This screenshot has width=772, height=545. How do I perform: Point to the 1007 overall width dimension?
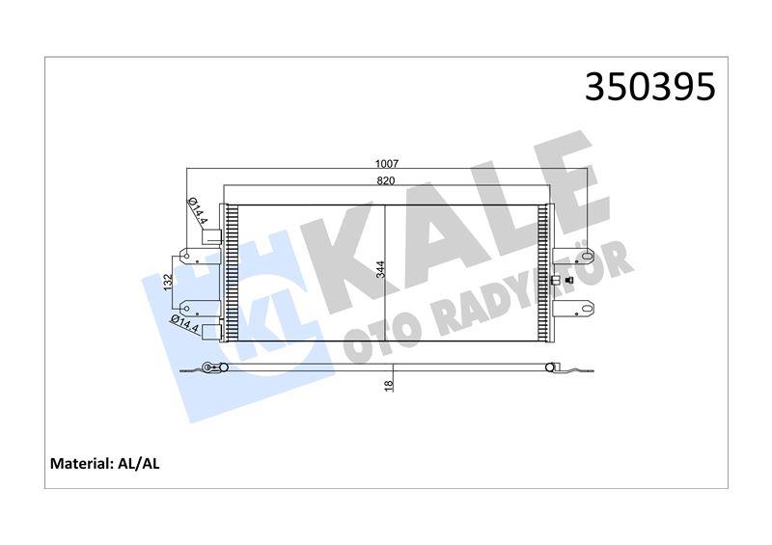(387, 164)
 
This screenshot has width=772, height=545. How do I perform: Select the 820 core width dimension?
(387, 180)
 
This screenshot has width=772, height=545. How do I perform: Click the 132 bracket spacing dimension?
(168, 284)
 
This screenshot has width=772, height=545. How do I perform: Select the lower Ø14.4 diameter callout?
(182, 323)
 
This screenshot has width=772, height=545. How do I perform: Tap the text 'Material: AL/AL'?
(104, 464)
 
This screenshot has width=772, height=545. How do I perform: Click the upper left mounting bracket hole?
(185, 258)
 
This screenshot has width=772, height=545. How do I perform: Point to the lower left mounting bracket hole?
(185, 310)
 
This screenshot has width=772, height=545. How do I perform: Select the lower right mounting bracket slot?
(585, 310)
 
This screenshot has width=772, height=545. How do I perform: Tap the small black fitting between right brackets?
(554, 281)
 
